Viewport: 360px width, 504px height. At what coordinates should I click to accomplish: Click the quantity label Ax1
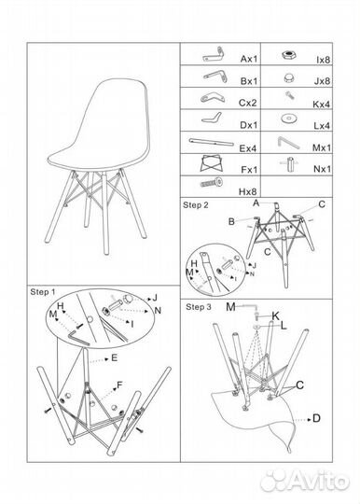[x=249, y=59]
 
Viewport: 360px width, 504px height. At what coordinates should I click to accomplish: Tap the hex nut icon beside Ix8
[x=289, y=55]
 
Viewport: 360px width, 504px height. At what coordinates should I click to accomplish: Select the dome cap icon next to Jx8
[x=289, y=78]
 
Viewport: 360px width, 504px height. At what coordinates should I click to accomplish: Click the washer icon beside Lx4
[x=289, y=119]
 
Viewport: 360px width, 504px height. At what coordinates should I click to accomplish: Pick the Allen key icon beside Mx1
[x=288, y=143]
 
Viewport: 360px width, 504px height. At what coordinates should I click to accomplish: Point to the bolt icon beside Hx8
[x=212, y=183]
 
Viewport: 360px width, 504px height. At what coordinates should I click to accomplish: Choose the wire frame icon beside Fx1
[x=212, y=163]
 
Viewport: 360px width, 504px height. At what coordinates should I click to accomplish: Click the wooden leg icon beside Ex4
[x=212, y=142]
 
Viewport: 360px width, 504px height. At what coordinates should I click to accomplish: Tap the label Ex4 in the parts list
[x=248, y=148]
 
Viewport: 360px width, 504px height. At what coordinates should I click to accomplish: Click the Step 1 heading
[x=43, y=292]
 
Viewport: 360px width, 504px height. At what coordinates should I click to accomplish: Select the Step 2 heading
[x=196, y=205]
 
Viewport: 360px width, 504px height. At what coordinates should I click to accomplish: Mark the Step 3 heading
[x=199, y=307]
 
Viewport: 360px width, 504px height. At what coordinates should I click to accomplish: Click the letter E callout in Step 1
[x=115, y=357]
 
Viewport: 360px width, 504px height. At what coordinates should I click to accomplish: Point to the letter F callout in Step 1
[x=119, y=385]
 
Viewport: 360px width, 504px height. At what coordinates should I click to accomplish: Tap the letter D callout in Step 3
[x=316, y=418]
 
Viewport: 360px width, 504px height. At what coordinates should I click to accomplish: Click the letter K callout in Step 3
[x=275, y=316]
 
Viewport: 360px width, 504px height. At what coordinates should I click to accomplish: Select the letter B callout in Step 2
[x=231, y=222]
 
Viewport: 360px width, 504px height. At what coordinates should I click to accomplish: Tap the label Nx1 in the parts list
[x=322, y=169]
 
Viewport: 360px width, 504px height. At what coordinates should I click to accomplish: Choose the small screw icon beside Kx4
[x=290, y=95]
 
